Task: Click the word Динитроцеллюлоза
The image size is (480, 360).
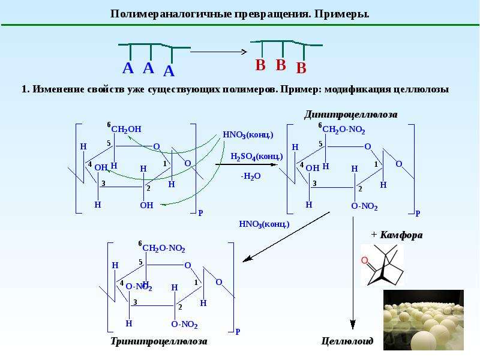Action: click(351, 115)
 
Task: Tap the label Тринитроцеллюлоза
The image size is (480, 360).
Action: click(158, 341)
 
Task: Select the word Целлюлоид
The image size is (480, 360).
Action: click(347, 341)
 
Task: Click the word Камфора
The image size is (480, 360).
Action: click(401, 235)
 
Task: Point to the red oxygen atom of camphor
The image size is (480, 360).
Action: click(364, 260)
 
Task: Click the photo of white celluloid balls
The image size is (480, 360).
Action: click(424, 320)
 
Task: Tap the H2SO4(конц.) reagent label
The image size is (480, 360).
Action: click(257, 157)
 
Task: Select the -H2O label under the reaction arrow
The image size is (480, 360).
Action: click(251, 176)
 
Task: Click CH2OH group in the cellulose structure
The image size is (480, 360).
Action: click(126, 130)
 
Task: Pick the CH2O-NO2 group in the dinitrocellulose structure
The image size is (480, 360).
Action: click(343, 130)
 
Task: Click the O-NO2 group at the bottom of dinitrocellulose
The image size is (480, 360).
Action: click(364, 206)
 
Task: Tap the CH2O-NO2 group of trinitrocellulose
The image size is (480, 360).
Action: click(163, 248)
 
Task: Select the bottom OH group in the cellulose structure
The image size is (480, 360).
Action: click(146, 205)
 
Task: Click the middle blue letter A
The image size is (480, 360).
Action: click(148, 68)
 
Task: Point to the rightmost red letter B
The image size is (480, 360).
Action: click(301, 68)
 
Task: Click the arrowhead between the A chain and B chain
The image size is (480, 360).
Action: click(244, 52)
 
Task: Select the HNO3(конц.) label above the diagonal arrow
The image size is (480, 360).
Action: click(264, 224)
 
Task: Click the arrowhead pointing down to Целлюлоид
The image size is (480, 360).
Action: click(353, 325)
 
